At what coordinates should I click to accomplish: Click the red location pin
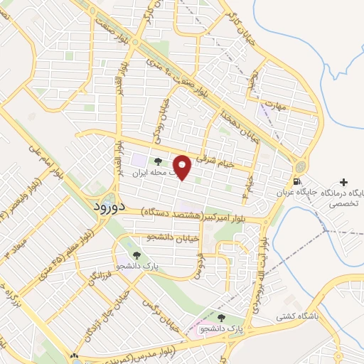(183, 167)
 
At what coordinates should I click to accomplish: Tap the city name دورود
(109, 207)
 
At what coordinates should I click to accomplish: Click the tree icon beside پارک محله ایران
(157, 161)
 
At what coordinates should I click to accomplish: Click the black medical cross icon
(345, 182)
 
